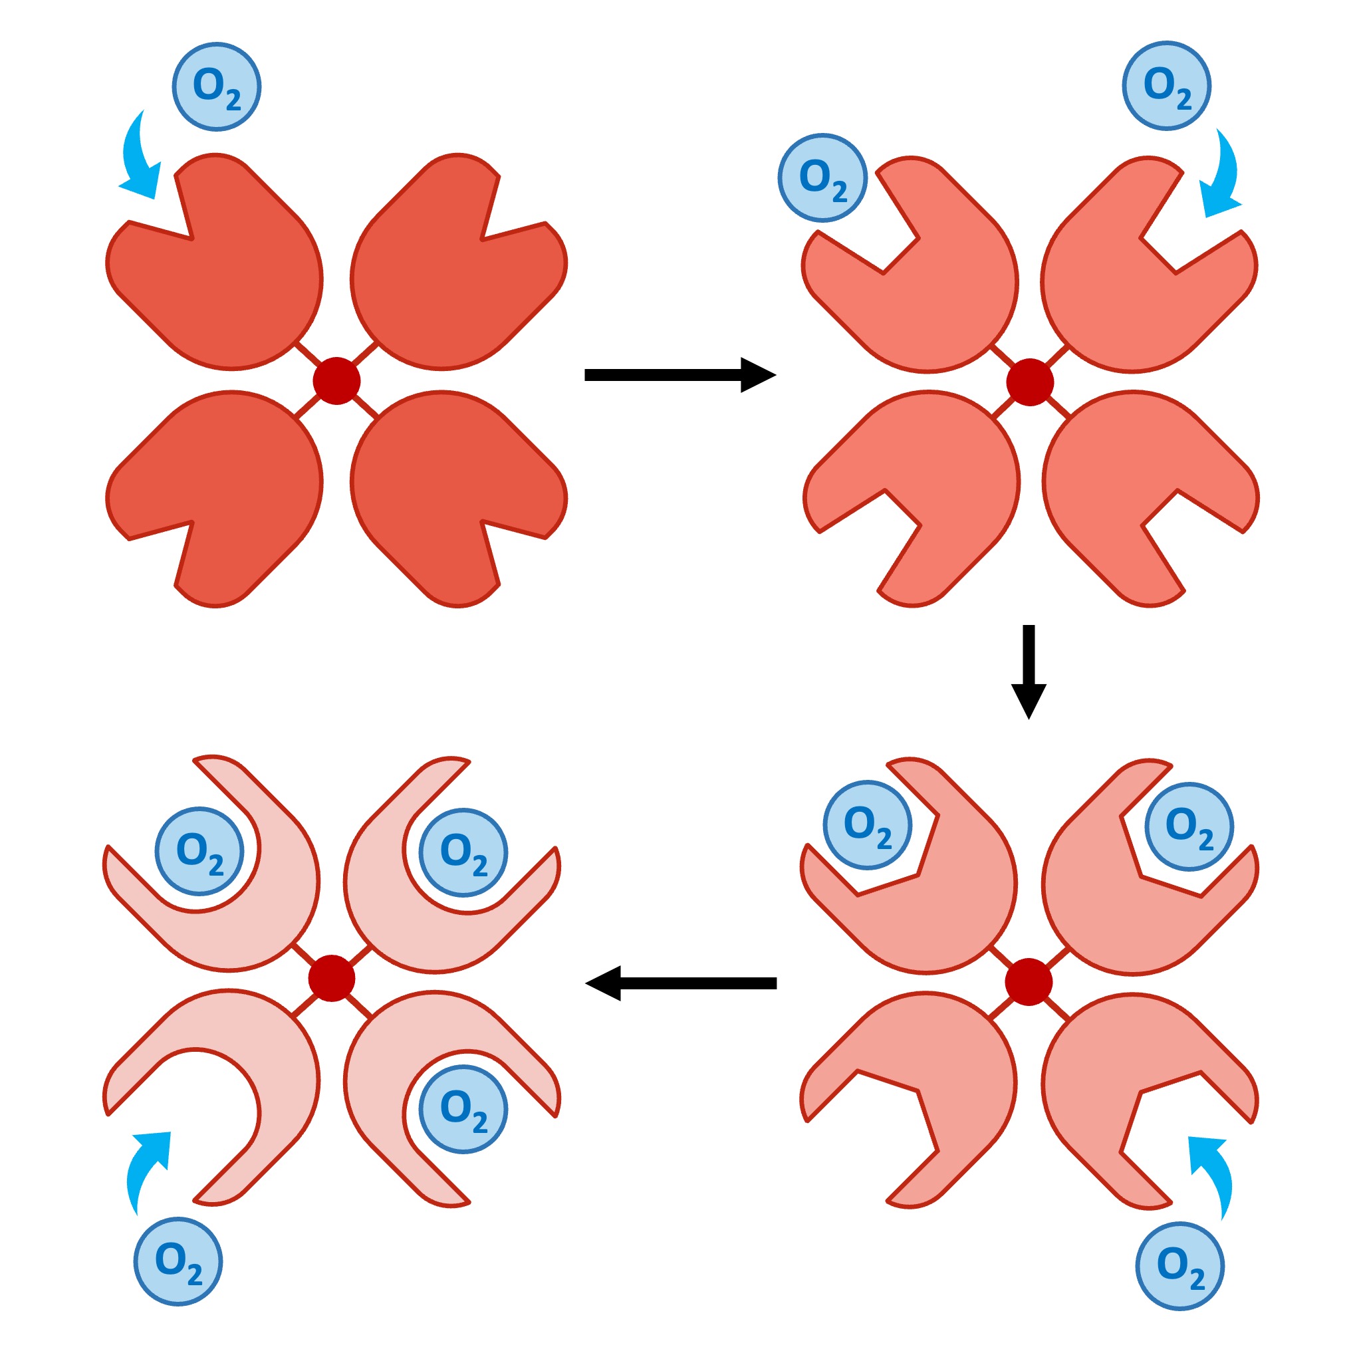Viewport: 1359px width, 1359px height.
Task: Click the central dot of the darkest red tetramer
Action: [x=336, y=380]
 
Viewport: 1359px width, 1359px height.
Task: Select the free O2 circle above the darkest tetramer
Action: [x=217, y=86]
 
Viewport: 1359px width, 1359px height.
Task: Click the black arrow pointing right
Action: [x=679, y=375]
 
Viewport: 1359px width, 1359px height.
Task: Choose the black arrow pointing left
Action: [x=681, y=983]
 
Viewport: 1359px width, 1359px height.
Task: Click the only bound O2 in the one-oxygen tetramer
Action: [x=822, y=178]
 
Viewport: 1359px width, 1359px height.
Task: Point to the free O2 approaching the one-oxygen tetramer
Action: [x=1166, y=86]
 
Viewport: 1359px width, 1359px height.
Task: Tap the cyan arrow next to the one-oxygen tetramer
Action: [x=1223, y=176]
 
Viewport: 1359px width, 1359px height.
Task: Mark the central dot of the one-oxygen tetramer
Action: [x=1030, y=382]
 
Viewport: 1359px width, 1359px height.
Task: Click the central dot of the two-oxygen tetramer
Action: [x=1029, y=981]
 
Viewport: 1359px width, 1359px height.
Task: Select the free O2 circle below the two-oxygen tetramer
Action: [x=1180, y=1266]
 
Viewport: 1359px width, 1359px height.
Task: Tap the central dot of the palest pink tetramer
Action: [x=332, y=978]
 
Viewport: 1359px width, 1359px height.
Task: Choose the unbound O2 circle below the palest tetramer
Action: [x=178, y=1262]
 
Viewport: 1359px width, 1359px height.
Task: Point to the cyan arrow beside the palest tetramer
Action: [x=146, y=1168]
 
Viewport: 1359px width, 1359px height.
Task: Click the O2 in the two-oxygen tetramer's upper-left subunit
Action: [x=867, y=824]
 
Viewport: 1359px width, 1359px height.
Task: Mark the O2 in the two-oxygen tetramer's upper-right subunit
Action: [x=1189, y=826]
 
